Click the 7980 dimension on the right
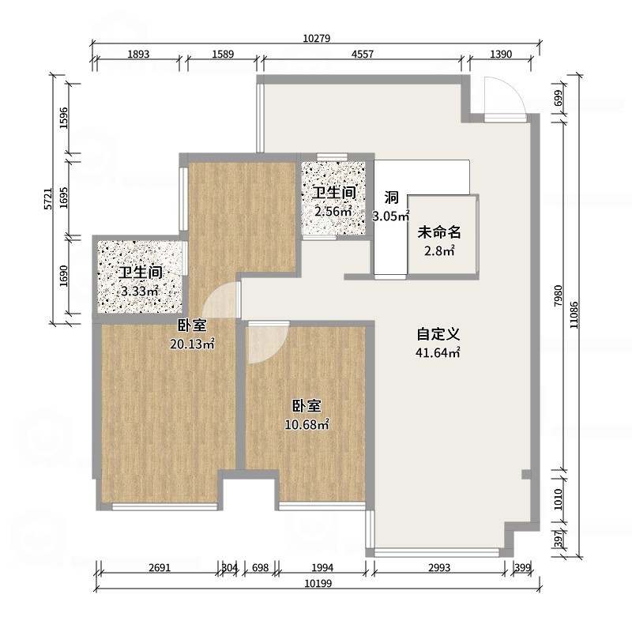[x=559, y=295]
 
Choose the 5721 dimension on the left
[x=47, y=197]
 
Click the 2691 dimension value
[x=157, y=567]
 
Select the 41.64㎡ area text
[x=439, y=353]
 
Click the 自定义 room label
[x=439, y=335]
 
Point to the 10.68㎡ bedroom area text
[x=307, y=425]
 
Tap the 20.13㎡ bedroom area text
[x=193, y=344]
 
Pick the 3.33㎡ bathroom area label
[x=140, y=292]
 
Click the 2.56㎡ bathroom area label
[x=333, y=211]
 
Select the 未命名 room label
[x=438, y=232]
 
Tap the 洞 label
[x=391, y=197]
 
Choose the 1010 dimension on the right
[x=559, y=499]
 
